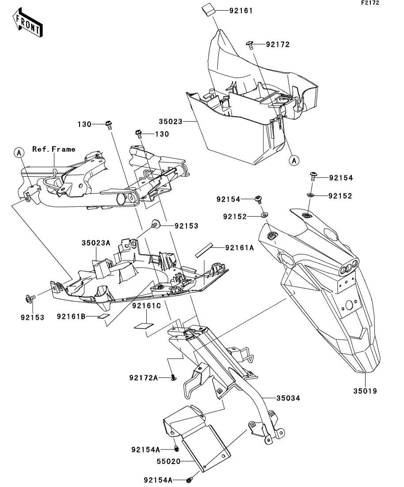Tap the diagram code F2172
click(x=370, y=3)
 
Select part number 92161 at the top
click(x=241, y=11)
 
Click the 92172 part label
click(x=278, y=45)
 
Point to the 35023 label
click(x=171, y=121)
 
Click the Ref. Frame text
click(x=54, y=149)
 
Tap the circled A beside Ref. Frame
click(x=19, y=153)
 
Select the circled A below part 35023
click(x=294, y=161)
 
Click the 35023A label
click(x=96, y=242)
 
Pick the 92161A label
click(x=240, y=248)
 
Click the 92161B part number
click(x=71, y=317)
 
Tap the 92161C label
click(x=146, y=306)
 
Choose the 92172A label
click(x=143, y=378)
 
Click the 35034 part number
click(x=288, y=398)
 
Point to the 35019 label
click(x=365, y=391)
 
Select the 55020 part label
click(x=168, y=461)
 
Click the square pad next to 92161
click(x=208, y=10)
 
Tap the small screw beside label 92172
click(x=249, y=45)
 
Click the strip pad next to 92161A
click(x=204, y=250)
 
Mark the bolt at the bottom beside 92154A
click(x=189, y=480)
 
